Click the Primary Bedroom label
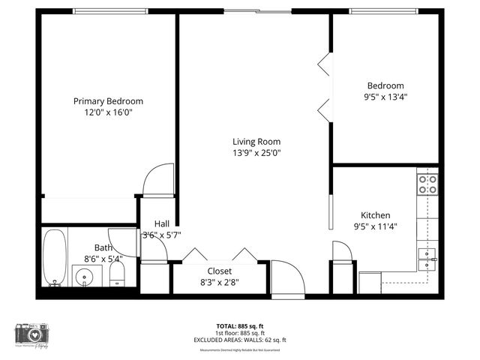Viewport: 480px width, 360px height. coord(108,101)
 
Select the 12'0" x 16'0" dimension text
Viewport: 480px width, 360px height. coord(108,112)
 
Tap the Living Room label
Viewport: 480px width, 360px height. coord(256,142)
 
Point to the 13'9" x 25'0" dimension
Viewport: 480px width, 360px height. coord(256,153)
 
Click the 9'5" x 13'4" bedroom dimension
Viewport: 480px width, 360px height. coord(385,97)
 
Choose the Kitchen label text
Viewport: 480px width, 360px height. coord(375,214)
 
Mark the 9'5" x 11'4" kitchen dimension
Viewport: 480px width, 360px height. coord(375,226)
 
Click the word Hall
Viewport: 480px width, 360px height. coord(162,223)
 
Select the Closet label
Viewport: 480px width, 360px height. coord(220,271)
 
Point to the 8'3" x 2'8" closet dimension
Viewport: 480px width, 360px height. coord(220,282)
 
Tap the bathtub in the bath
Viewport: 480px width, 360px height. coord(54,257)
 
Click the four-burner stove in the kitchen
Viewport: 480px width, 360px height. coord(427,184)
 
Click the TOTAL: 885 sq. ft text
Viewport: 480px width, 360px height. coord(240,326)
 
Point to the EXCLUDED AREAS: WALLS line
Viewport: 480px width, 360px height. coord(240,338)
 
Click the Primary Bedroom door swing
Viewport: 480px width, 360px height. coord(160,180)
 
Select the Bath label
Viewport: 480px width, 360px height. coord(103,247)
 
